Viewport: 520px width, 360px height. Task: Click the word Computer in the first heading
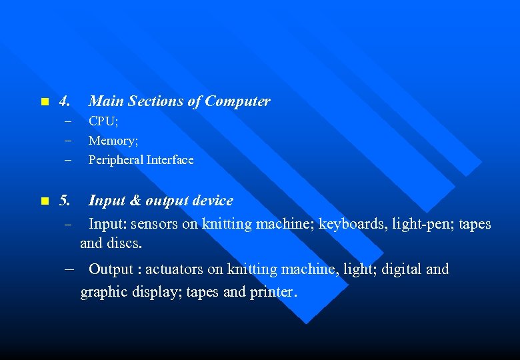tap(237, 101)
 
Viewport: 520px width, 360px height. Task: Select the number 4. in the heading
tap(65, 101)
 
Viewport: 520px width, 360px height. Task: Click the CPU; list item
tap(103, 121)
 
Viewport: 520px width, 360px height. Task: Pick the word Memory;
tap(113, 141)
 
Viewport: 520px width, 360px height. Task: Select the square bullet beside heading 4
tap(44, 102)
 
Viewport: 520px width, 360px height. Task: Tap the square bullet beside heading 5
tap(44, 201)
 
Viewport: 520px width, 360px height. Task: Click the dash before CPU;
tap(67, 122)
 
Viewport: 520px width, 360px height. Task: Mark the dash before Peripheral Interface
tap(67, 160)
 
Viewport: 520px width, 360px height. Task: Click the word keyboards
tap(351, 224)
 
